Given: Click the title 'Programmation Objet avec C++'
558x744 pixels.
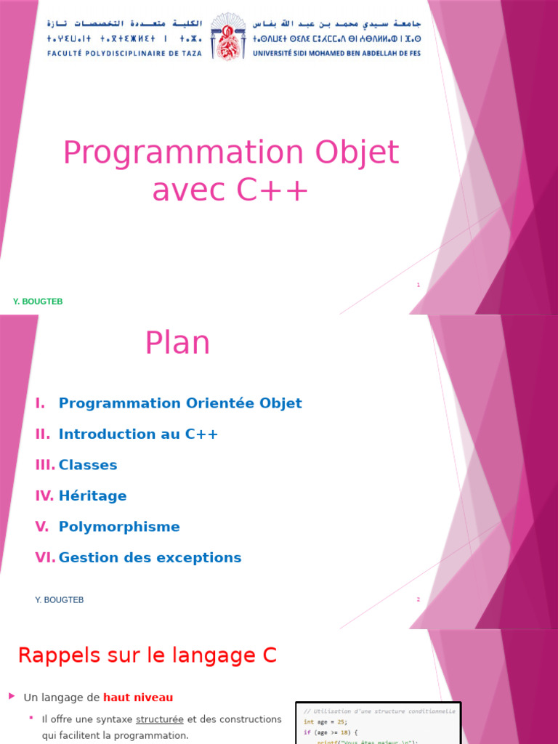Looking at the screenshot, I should tap(231, 171).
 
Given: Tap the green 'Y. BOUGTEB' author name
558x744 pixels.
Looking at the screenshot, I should tap(38, 302).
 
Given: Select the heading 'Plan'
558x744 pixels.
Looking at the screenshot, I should tap(177, 343).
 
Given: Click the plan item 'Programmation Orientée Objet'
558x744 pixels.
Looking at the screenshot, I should tap(180, 403).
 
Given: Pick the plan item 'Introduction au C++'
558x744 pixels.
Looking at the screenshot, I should tap(138, 434).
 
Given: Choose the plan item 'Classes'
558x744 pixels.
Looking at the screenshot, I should tap(88, 465).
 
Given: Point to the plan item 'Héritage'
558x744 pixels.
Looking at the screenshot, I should tap(92, 496).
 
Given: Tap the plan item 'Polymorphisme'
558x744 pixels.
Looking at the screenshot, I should tap(119, 527).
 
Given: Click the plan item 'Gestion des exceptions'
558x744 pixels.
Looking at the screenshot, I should tap(150, 558).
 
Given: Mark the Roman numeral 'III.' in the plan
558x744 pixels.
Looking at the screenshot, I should tap(45, 465).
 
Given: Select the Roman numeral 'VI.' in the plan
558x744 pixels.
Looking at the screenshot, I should tap(45, 558).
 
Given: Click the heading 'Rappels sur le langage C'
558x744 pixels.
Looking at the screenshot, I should tap(147, 655).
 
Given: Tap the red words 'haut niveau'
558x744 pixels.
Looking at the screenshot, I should tap(138, 697).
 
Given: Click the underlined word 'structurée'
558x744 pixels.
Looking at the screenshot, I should tap(160, 719).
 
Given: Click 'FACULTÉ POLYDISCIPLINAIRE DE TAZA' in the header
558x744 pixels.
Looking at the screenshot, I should tap(126, 53).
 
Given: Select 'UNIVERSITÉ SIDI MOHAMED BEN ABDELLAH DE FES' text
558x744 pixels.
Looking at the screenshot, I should tap(336, 53).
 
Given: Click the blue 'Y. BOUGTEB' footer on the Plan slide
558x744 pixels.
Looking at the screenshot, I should tap(60, 600).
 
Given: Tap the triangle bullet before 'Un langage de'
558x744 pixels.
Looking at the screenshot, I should tap(12, 696).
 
